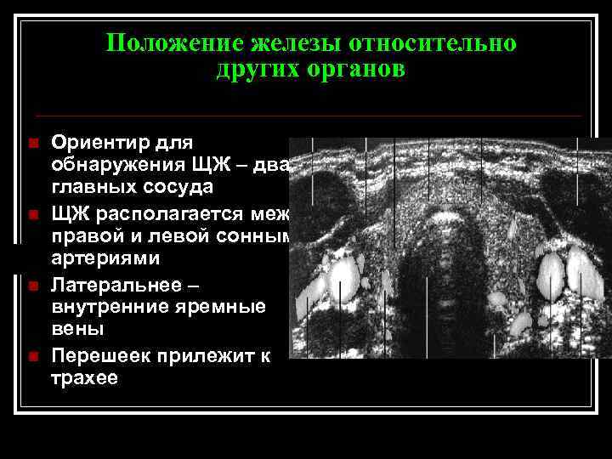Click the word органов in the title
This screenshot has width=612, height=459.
click(358, 70)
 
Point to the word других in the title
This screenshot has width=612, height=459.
click(256, 70)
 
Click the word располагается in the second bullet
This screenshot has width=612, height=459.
click(178, 212)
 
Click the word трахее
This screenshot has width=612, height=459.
click(84, 377)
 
